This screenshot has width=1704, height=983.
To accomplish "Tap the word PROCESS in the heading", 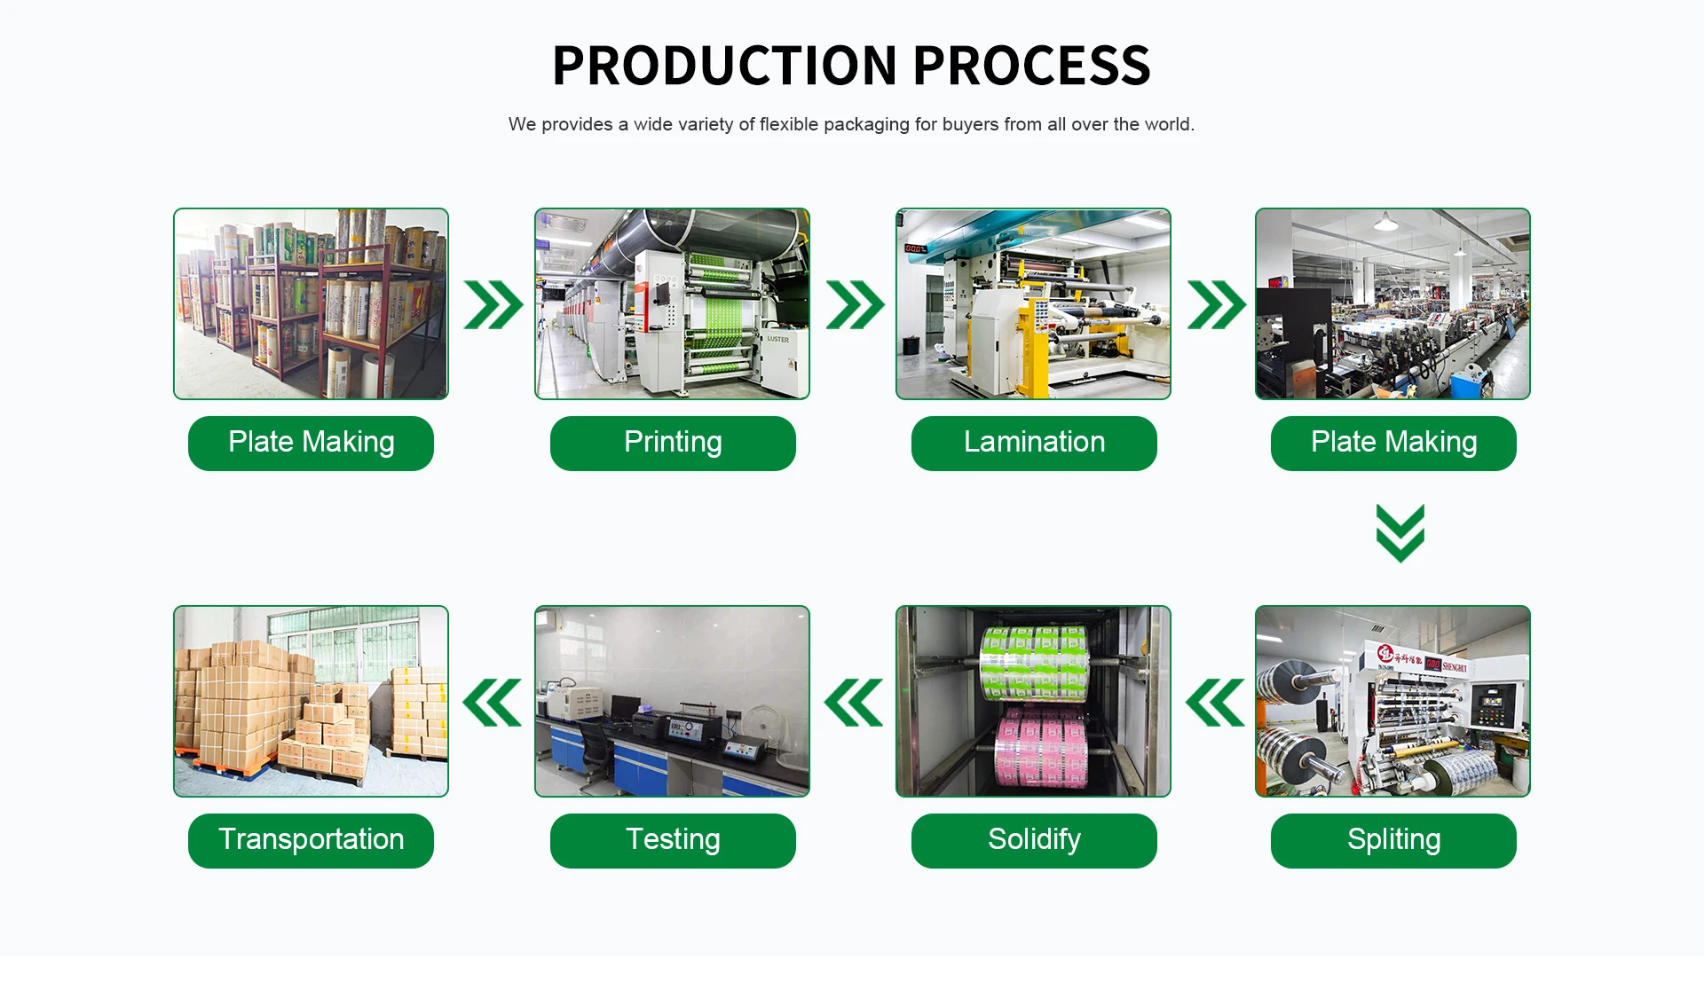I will pos(1031,66).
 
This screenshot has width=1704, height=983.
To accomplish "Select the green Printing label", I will pos(673,443).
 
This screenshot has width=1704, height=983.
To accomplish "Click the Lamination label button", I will pos(1034,443).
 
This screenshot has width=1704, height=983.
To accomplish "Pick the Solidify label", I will pos(1034,840).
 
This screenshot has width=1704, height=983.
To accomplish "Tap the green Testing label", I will pos(673,840).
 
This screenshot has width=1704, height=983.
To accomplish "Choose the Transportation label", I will pos(311,840).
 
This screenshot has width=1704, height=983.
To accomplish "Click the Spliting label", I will pos(1393,840).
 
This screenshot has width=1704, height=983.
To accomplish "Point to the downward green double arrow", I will pos(1400,533).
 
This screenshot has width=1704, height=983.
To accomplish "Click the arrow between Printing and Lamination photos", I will pos(855,305).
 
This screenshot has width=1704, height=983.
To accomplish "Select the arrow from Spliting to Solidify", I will pos(1215,703).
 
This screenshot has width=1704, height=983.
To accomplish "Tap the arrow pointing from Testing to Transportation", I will pos(493,703).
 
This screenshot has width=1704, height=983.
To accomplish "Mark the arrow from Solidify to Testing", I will pos(854,703).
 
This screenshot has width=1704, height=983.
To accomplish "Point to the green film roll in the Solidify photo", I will pos(1034,662).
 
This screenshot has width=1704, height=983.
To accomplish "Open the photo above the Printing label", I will pos(672,304).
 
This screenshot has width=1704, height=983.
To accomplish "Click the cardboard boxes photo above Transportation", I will pos(311,701).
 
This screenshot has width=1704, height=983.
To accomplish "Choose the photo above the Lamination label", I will pos(1033,304).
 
